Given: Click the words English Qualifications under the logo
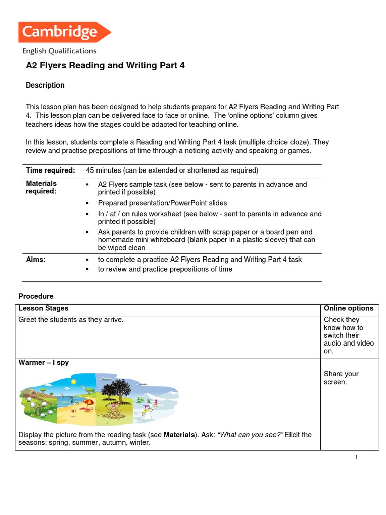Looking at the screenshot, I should point(59,51).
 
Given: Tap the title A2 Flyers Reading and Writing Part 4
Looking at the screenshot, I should point(105,66).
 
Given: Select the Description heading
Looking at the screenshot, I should point(45,85).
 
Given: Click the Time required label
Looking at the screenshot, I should point(50,170).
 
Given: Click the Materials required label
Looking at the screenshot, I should point(41,187).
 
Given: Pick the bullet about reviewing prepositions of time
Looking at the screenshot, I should point(165,269).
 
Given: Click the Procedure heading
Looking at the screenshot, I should point(36,296).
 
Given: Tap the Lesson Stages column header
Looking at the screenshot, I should point(43,308).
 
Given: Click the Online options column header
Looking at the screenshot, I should point(348,308).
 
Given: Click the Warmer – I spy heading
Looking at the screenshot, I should point(44,362).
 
